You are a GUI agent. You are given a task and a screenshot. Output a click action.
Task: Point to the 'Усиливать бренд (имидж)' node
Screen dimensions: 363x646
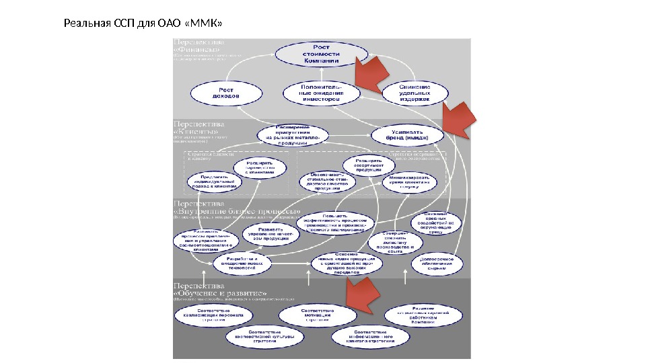coord(408,136)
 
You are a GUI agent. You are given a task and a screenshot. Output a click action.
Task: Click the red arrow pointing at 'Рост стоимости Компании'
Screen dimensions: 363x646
coord(372,73)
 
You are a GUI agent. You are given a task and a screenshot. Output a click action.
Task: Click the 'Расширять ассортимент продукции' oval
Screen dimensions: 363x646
coord(368,165)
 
